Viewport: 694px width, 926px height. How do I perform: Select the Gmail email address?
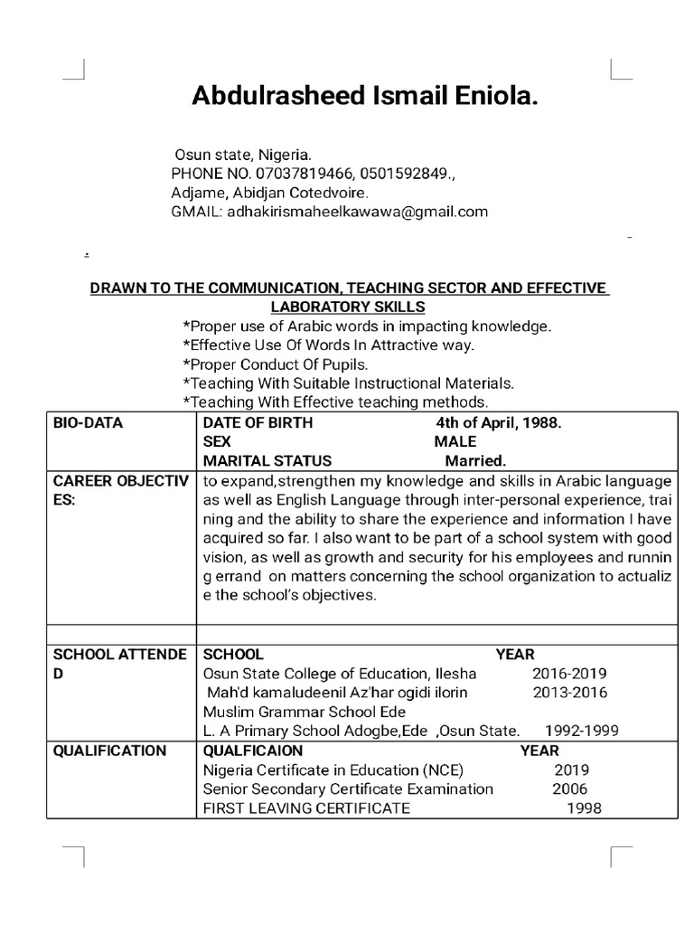click(x=357, y=213)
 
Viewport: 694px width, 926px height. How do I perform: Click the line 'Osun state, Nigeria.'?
click(x=242, y=155)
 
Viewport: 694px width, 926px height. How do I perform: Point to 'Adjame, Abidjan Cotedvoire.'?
click(x=270, y=193)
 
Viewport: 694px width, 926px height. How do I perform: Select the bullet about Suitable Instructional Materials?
click(x=348, y=383)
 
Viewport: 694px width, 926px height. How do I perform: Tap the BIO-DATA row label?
click(x=88, y=422)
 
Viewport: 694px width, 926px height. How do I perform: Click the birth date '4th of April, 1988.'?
click(x=499, y=422)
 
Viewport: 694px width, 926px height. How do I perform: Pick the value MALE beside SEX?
click(x=455, y=441)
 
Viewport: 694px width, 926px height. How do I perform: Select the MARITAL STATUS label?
click(x=267, y=460)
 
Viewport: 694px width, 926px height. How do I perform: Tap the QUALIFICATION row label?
click(x=109, y=751)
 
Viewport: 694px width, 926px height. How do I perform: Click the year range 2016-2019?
click(x=569, y=674)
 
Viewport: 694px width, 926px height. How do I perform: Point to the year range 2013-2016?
click(x=569, y=693)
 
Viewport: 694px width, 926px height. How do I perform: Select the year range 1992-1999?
click(x=582, y=731)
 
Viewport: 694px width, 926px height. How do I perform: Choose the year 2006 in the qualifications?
click(x=569, y=789)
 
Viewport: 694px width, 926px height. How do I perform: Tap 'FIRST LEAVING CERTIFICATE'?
click(x=305, y=808)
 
